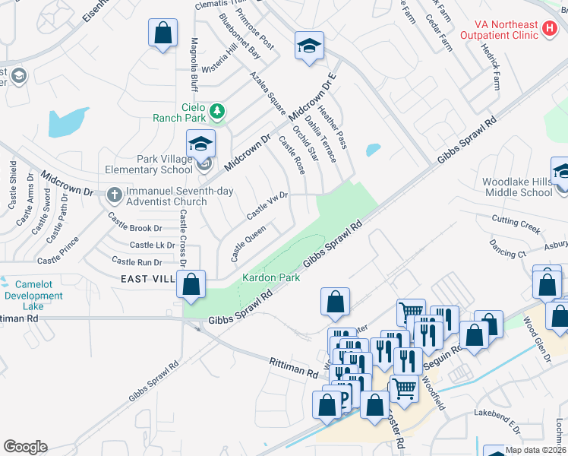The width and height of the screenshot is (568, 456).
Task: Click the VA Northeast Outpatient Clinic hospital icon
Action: click(x=551, y=30)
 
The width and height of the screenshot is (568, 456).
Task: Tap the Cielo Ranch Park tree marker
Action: click(x=218, y=112)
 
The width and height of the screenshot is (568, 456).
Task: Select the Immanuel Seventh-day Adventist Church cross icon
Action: click(x=115, y=195)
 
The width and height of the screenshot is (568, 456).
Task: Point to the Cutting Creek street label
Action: click(x=516, y=222)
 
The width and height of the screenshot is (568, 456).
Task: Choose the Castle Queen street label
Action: click(x=248, y=241)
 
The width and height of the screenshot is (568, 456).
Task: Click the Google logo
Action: click(x=24, y=447)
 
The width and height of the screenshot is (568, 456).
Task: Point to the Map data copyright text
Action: click(x=535, y=450)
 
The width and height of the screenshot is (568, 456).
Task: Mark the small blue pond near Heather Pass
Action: click(x=373, y=150)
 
